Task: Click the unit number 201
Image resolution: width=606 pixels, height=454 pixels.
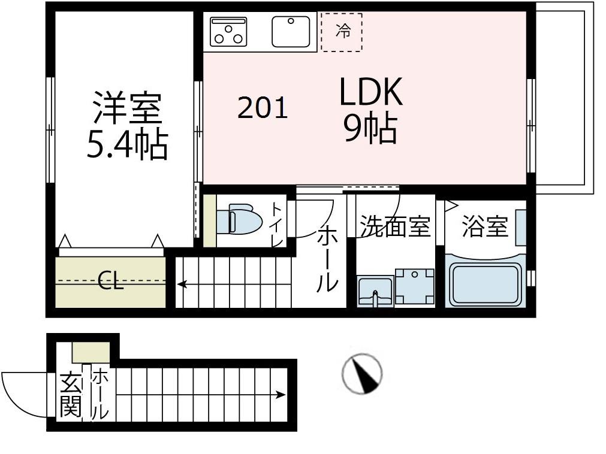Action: tap(263, 108)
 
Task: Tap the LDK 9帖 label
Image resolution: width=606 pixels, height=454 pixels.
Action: tap(370, 111)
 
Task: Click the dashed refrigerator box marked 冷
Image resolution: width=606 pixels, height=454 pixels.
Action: tap(342, 31)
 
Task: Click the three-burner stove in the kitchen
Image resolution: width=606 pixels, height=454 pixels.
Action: tap(228, 31)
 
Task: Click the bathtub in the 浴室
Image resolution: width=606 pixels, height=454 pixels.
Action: tap(486, 284)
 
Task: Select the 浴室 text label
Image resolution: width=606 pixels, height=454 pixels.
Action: tap(485, 227)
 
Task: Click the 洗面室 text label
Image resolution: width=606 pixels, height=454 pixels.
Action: tap(395, 227)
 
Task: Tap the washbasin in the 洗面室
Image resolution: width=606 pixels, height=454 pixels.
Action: tap(375, 292)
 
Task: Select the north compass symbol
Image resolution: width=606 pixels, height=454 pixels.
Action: tap(362, 374)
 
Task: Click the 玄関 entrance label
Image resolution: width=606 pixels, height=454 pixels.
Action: tap(70, 396)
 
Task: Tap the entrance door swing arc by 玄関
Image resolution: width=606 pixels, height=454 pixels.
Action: tap(21, 392)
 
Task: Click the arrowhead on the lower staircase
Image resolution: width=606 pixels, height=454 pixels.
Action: tap(281, 395)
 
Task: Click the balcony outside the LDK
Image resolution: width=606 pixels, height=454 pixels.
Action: tap(562, 99)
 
